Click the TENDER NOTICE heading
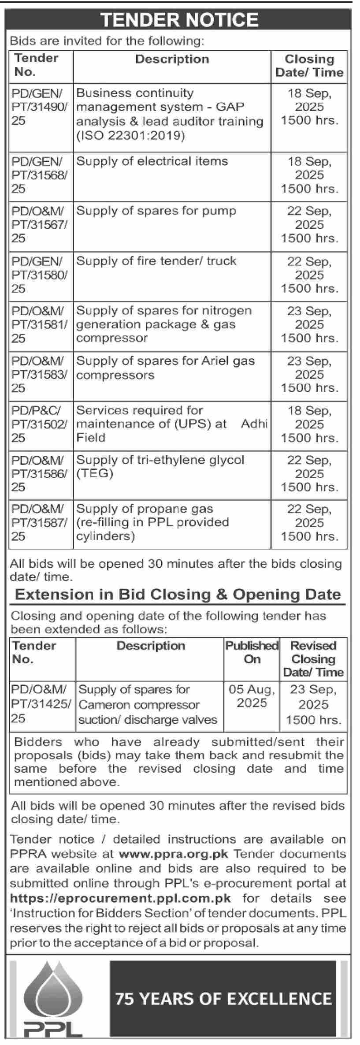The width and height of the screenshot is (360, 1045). click(x=179, y=20)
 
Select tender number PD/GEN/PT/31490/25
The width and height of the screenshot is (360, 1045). click(x=40, y=107)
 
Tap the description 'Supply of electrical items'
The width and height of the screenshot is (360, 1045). click(x=152, y=161)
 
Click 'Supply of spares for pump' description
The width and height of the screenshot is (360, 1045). click(x=156, y=211)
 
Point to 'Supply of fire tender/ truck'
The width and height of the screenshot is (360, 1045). click(x=156, y=261)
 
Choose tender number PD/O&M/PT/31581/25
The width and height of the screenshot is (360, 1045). click(x=40, y=324)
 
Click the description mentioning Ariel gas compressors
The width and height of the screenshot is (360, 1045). click(x=165, y=368)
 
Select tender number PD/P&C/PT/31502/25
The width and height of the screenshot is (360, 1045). click(x=40, y=424)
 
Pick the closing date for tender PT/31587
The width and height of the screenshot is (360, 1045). click(x=309, y=523)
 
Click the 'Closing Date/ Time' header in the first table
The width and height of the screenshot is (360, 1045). click(x=309, y=66)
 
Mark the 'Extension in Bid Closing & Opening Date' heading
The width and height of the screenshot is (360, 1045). click(x=178, y=595)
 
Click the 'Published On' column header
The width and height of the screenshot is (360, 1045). click(x=252, y=652)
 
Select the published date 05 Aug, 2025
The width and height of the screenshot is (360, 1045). click(x=252, y=696)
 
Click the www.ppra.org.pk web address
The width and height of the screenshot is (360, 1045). click(x=174, y=854)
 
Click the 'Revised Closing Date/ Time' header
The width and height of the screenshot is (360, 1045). click(x=313, y=659)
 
